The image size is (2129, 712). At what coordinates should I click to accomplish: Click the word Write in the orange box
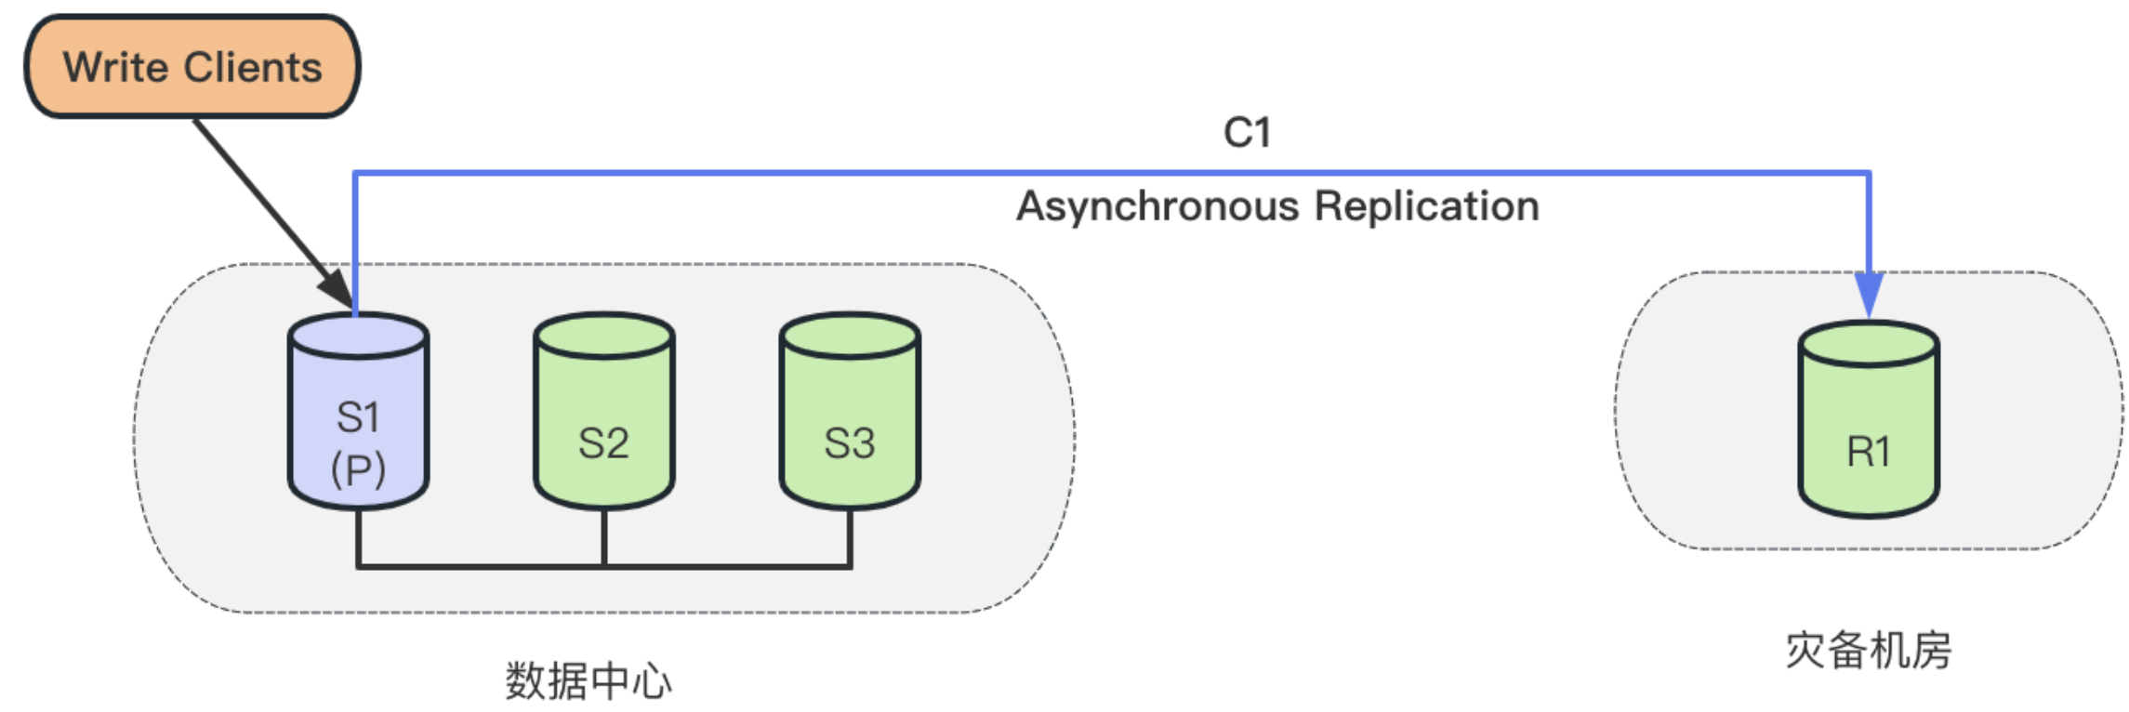point(114,68)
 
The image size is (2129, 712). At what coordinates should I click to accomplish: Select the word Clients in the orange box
point(252,68)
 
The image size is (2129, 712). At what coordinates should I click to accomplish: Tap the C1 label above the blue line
point(1246,133)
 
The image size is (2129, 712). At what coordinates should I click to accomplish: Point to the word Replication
point(1426,206)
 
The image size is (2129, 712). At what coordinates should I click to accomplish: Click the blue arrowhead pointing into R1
point(1868,295)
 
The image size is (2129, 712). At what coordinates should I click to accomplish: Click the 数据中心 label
point(588,681)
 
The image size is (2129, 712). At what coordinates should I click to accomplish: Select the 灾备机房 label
point(1868,650)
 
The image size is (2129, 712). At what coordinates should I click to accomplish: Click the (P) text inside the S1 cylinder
point(358,469)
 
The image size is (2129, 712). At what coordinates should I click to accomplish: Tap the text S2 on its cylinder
point(603,443)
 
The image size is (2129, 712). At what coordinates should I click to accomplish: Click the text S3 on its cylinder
point(849,443)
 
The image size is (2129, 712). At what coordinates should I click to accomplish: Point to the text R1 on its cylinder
point(1868,452)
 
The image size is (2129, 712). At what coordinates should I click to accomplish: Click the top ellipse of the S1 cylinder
point(358,336)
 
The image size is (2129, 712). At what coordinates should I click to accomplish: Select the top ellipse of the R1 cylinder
point(1868,345)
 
